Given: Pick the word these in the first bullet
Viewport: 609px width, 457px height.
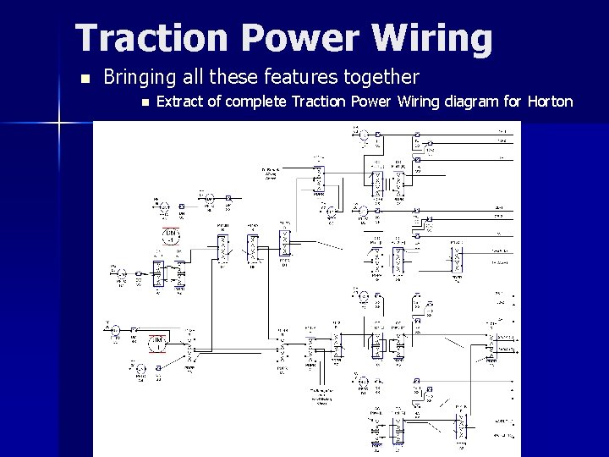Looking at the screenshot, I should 233,78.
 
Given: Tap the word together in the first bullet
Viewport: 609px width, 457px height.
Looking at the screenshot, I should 380,78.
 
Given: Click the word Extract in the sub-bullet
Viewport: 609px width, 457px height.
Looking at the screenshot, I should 181,102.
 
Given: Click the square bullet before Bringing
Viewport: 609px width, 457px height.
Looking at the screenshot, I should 82,79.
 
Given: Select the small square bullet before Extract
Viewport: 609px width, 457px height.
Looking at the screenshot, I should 145,103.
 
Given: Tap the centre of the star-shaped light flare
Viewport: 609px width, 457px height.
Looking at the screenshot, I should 58,124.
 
